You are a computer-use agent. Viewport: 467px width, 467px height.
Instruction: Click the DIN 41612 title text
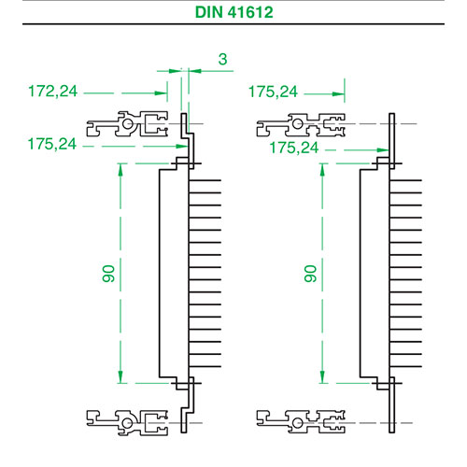click(233, 12)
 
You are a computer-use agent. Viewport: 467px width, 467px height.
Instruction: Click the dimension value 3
click(222, 59)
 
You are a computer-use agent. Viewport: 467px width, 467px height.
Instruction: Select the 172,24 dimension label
click(52, 92)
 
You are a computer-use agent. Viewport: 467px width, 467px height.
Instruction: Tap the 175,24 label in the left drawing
click(52, 144)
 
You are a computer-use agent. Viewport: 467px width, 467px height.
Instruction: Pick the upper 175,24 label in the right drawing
click(273, 92)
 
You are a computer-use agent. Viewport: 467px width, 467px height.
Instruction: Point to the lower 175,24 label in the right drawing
click(294, 148)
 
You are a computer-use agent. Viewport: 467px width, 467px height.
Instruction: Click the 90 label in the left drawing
click(108, 274)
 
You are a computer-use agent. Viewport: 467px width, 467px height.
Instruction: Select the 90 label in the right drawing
click(310, 274)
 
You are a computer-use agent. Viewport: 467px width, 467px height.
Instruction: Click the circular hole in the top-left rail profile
click(127, 123)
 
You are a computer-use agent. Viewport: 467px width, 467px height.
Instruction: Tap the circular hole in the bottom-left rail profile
click(127, 423)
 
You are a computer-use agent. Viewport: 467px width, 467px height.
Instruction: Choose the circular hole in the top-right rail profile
click(298, 123)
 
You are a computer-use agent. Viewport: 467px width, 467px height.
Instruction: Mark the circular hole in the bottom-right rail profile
click(298, 423)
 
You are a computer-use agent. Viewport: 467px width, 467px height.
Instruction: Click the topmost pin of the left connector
click(205, 180)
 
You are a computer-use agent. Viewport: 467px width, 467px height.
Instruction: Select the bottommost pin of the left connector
click(205, 366)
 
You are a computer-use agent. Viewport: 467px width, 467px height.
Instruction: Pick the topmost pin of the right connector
click(406, 180)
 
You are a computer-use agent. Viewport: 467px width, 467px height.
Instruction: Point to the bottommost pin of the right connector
click(406, 366)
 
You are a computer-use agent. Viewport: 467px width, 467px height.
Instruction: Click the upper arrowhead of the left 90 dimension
click(120, 169)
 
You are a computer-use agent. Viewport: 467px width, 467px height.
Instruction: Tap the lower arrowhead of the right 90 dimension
click(322, 377)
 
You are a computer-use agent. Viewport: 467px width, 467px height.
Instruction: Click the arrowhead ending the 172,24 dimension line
click(161, 93)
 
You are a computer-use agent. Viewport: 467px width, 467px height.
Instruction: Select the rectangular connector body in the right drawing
click(375, 273)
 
